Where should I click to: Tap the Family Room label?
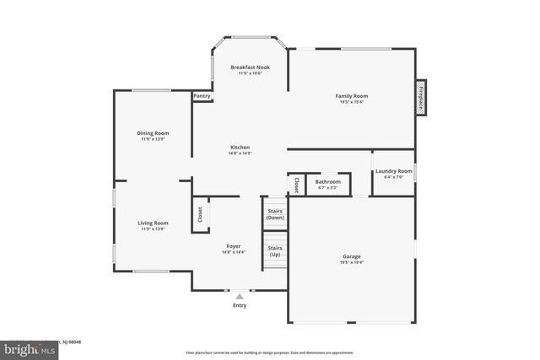tap(352, 96)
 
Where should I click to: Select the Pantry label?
tap(202, 96)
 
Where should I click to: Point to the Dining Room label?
tap(154, 132)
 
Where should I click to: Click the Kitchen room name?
tap(240, 147)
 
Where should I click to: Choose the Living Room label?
tap(154, 223)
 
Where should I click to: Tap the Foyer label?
tap(233, 246)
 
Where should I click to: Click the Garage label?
tap(352, 256)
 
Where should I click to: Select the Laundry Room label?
tap(393, 171)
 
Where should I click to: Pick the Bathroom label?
tap(328, 181)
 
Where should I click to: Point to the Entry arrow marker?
tap(240, 297)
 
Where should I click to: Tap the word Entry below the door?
tap(240, 305)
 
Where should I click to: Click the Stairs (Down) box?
tap(275, 214)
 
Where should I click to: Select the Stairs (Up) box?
tap(275, 251)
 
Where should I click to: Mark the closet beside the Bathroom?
tap(296, 185)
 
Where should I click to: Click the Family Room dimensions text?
tap(352, 103)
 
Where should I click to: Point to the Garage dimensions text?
tap(352, 263)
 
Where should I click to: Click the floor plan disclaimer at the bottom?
tap(270, 352)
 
